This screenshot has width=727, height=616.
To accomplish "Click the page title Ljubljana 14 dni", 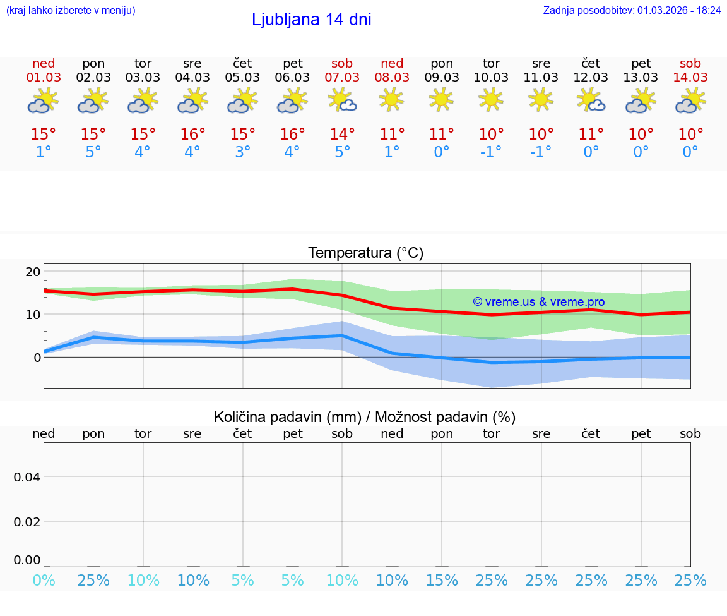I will pyautogui.click(x=311, y=20).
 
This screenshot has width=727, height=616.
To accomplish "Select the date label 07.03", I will pyautogui.click(x=342, y=77).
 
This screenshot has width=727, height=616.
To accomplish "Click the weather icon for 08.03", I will pyautogui.click(x=391, y=100).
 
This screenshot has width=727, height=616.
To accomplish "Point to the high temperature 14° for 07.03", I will pyautogui.click(x=342, y=134).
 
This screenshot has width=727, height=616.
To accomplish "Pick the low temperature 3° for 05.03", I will pyautogui.click(x=242, y=152).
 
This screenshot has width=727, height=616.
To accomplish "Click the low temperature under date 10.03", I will pyautogui.click(x=491, y=152).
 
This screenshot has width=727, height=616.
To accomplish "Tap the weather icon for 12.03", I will pyautogui.click(x=591, y=100).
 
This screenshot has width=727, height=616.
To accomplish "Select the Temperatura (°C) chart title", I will pyautogui.click(x=365, y=253).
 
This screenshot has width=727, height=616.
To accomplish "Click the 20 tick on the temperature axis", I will pyautogui.click(x=33, y=272).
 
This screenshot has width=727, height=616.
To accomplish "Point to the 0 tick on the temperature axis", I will pyautogui.click(x=37, y=358).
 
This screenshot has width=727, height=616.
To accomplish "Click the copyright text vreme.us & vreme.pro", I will pyautogui.click(x=538, y=302).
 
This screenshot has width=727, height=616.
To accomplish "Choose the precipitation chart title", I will pyautogui.click(x=365, y=417).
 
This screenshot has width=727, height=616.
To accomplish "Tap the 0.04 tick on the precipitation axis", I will pyautogui.click(x=27, y=477).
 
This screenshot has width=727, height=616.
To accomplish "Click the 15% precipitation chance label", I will pyautogui.click(x=442, y=581).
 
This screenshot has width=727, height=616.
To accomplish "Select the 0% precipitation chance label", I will pyautogui.click(x=44, y=581).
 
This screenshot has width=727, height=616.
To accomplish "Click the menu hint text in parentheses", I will pyautogui.click(x=70, y=10).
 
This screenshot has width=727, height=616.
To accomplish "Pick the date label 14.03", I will pyautogui.click(x=690, y=77).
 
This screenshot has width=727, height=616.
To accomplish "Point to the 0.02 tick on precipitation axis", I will pyautogui.click(x=27, y=522).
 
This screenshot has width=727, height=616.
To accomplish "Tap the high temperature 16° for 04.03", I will pyautogui.click(x=192, y=134).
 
